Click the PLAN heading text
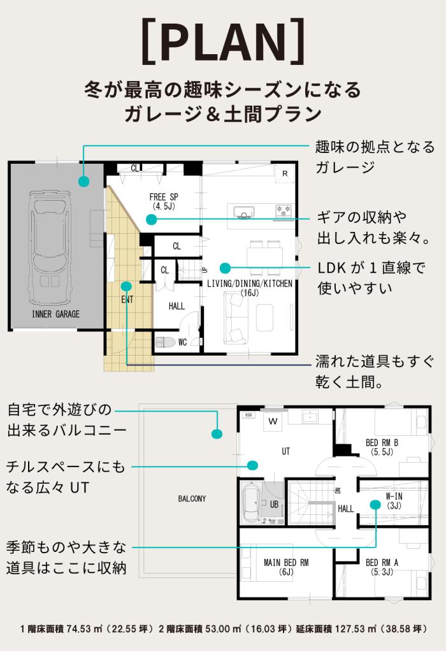pos(223,40)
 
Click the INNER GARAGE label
pos(55,314)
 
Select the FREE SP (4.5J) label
pos(164,201)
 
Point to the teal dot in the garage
pos(84,181)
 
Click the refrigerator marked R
pos(285,173)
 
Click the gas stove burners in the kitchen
pos(284,210)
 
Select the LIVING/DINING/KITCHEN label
pos(249,284)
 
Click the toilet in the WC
pos(165,342)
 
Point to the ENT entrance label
pos(127,300)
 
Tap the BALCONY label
pos(192,498)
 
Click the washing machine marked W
pos(273,421)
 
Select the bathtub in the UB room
pos(252,502)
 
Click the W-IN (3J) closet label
pos(394,501)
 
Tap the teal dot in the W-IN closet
pos(375,504)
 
